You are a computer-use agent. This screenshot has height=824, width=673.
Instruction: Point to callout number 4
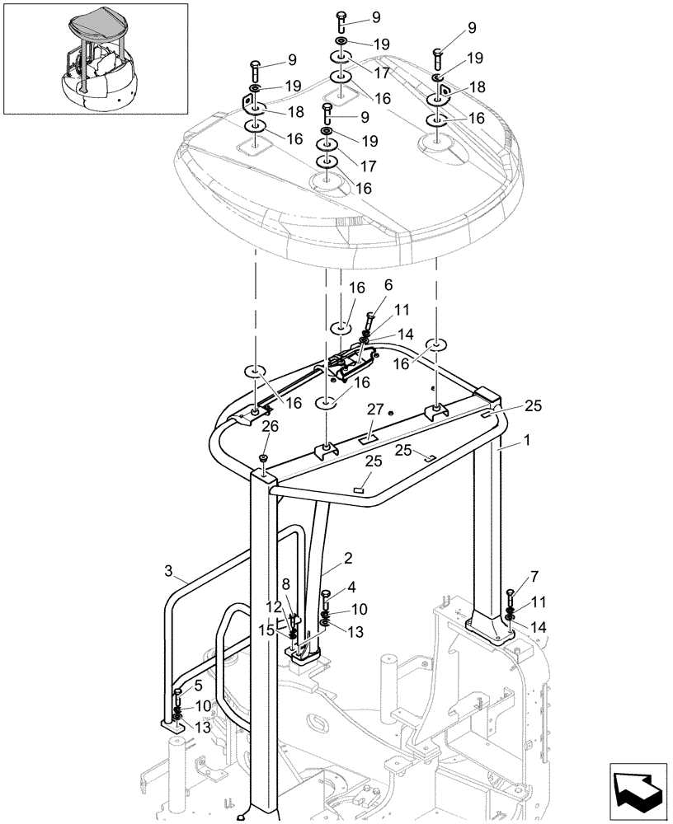353,588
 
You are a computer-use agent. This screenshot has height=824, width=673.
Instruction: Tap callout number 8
285,583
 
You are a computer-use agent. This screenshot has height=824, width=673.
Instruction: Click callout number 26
270,426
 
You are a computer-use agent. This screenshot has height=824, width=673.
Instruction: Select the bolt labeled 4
326,600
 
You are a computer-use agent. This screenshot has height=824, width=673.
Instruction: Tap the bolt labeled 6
369,324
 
